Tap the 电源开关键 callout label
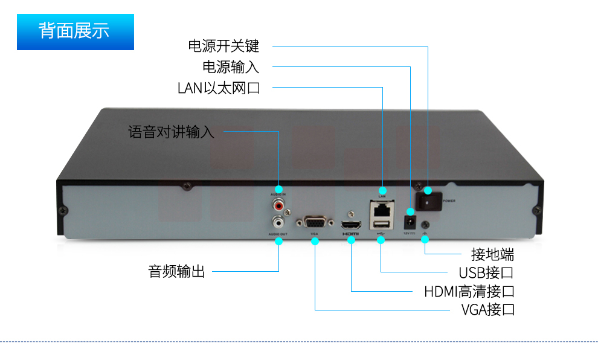[x=223, y=47]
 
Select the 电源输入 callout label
[x=231, y=66]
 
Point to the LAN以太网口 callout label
[x=219, y=88]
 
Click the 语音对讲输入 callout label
[x=171, y=132]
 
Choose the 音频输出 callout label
[x=177, y=271]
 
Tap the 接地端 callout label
[x=492, y=254]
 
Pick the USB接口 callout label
[x=486, y=273]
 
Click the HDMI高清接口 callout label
[x=469, y=292]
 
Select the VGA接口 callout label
[x=487, y=310]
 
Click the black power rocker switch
[x=428, y=200]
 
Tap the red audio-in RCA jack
[x=278, y=206]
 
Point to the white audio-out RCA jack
[x=278, y=220]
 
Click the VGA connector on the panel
[x=315, y=221]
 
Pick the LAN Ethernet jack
[x=382, y=210]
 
